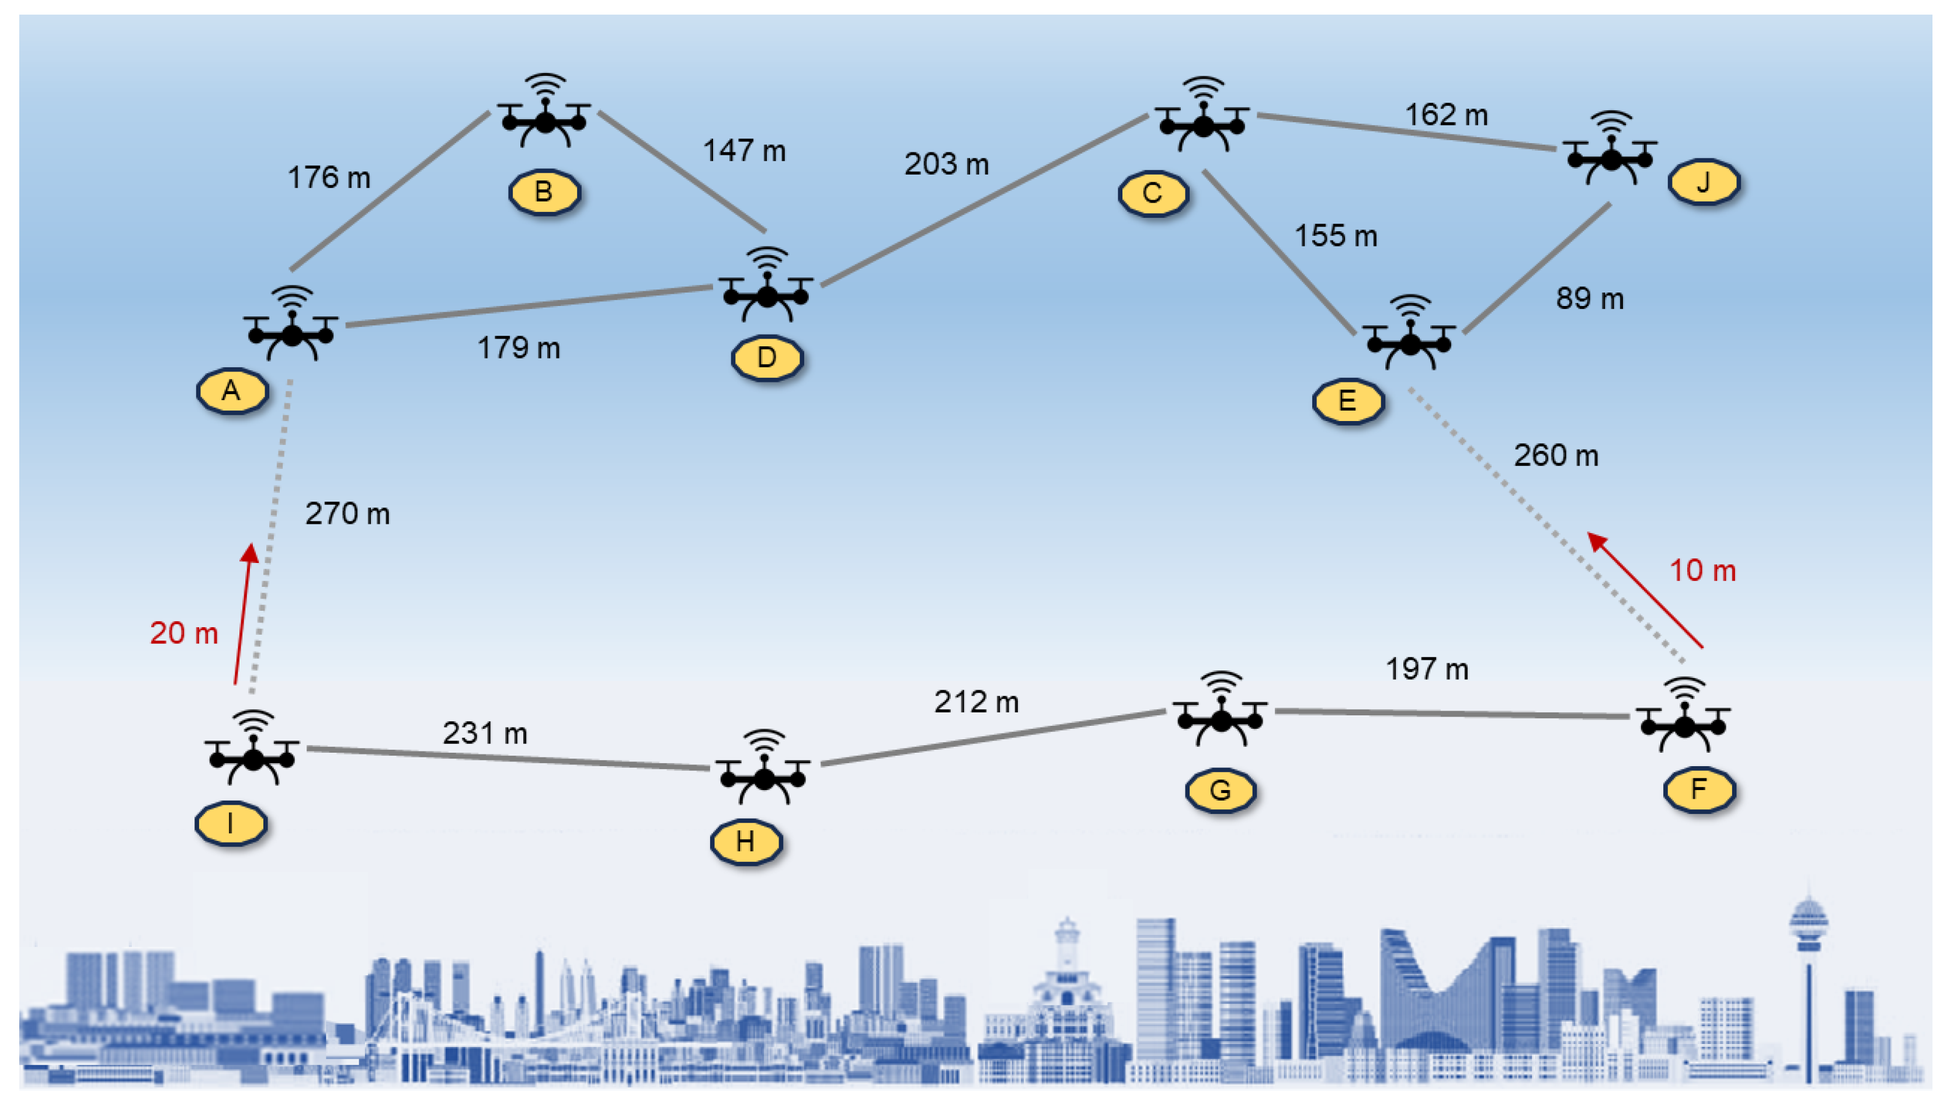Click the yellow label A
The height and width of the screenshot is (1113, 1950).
(232, 391)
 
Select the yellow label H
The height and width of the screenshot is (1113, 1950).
(745, 841)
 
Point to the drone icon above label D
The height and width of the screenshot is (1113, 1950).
(766, 286)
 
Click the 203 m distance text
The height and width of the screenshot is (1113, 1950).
(946, 164)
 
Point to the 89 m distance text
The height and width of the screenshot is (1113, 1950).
(1589, 298)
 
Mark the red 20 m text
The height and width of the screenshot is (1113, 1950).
(183, 633)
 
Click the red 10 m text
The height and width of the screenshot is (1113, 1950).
(1702, 571)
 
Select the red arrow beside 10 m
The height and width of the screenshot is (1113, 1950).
(1645, 590)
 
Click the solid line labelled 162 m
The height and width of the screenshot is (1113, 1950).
(1406, 131)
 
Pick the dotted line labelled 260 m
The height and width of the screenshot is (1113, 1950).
(1544, 524)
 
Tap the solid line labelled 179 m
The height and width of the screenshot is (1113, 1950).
(527, 306)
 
